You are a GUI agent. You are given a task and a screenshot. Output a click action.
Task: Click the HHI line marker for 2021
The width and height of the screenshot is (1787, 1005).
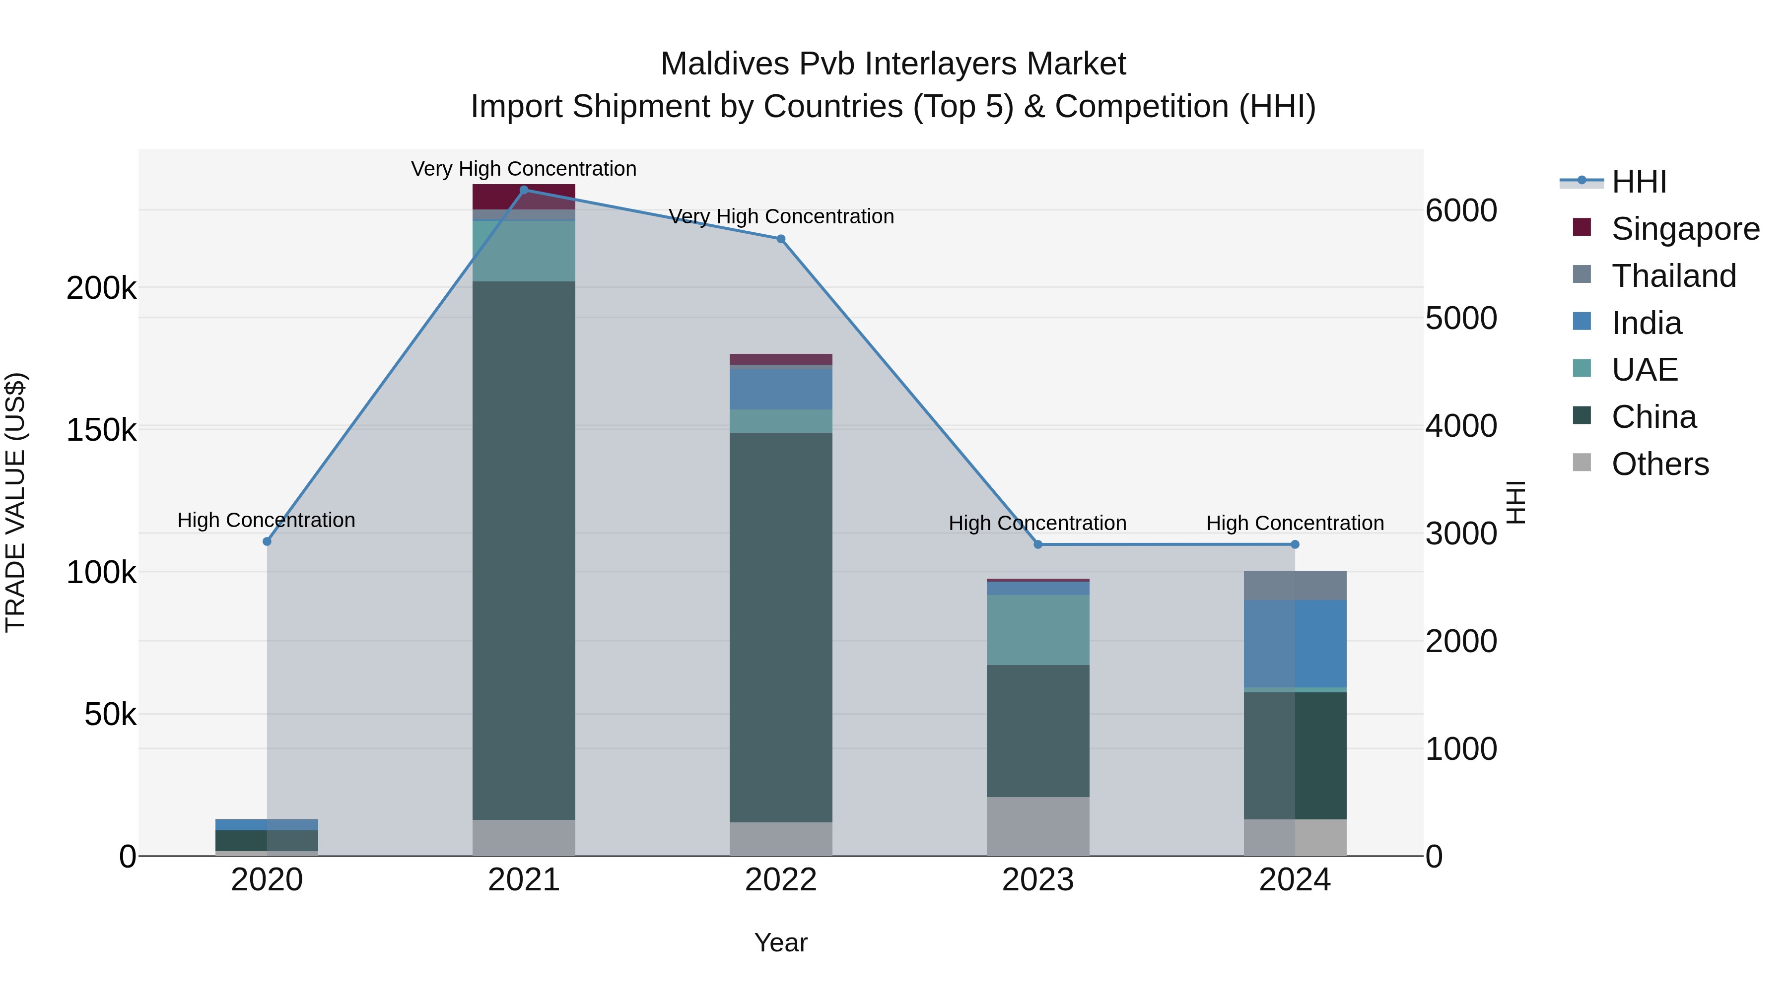[524, 190]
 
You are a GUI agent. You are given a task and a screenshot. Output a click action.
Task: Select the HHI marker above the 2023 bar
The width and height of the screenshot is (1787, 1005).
[1038, 544]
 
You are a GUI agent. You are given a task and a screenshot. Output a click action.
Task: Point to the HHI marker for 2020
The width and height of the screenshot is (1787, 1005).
[267, 541]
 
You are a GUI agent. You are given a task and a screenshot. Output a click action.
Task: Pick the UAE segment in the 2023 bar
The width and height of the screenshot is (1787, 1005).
[1038, 630]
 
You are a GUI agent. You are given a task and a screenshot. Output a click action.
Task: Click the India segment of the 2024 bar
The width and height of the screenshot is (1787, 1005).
[1295, 644]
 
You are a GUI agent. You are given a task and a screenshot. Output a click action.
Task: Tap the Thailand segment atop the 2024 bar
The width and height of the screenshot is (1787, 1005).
[1295, 586]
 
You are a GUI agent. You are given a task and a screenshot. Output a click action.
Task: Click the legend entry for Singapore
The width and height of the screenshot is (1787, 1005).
[1685, 229]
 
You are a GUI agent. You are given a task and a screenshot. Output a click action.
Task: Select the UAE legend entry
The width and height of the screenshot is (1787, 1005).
[1644, 370]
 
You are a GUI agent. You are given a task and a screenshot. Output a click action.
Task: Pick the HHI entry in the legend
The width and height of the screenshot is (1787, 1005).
[1639, 182]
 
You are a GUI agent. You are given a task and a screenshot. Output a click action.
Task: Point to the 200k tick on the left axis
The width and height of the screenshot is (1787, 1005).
[101, 288]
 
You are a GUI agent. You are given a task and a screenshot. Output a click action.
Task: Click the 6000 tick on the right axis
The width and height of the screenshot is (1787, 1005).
[1461, 211]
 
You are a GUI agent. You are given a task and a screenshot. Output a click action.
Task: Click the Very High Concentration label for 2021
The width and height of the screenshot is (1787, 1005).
[524, 169]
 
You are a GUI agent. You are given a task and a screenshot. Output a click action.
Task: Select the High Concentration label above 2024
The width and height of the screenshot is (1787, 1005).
[1295, 523]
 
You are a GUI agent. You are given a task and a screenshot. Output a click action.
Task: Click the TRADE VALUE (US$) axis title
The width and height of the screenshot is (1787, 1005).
[15, 502]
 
